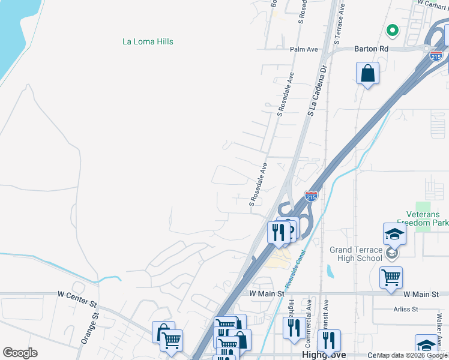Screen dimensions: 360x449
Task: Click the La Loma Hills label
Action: pyautogui.click(x=148, y=41)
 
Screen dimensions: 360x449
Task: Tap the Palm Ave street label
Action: pyautogui.click(x=303, y=49)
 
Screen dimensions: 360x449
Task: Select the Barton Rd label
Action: pyautogui.click(x=372, y=49)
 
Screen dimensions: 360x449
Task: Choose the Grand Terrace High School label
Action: pyautogui.click(x=355, y=254)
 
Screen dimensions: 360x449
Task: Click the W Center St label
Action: pyautogui.click(x=77, y=294)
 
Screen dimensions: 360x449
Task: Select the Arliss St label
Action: pyautogui.click(x=406, y=309)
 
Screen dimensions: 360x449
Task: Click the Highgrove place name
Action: pyautogui.click(x=318, y=355)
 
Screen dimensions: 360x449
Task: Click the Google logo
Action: pyautogui.click(x=20, y=353)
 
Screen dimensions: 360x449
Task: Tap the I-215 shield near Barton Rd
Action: pyautogui.click(x=436, y=56)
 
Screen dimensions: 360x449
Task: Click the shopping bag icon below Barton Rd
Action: pyautogui.click(x=368, y=74)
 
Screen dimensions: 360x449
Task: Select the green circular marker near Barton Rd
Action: pyautogui.click(x=392, y=29)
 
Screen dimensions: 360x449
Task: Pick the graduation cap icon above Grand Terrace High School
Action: pyautogui.click(x=394, y=233)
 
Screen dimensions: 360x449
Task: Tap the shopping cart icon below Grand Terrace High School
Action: pyautogui.click(x=391, y=277)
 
